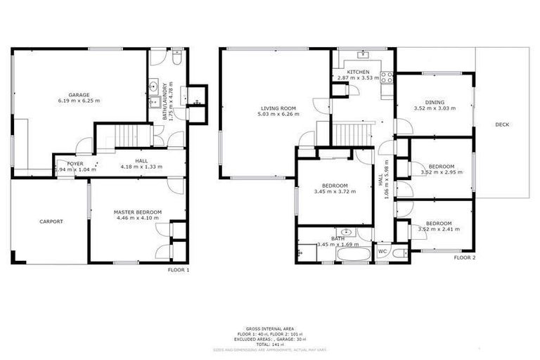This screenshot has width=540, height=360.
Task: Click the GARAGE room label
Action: pos(78,94)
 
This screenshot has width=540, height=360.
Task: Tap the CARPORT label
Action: pos(51,221)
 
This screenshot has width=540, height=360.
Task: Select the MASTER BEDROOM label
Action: pos(138,212)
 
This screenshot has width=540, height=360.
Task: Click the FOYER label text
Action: pos(75,163)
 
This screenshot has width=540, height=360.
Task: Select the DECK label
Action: pos(502,124)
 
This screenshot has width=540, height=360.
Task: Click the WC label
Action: pos(382,251)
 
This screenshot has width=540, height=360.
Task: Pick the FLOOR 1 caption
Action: pos(179,269)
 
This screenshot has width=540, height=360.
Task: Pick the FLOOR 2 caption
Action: pos(465,258)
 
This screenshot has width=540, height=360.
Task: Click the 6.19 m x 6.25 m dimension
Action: pos(78,101)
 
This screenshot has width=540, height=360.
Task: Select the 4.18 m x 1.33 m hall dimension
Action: pos(141,167)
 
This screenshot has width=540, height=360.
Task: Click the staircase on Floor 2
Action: pos(349,132)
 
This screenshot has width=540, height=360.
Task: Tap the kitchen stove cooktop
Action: pos(386,77)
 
